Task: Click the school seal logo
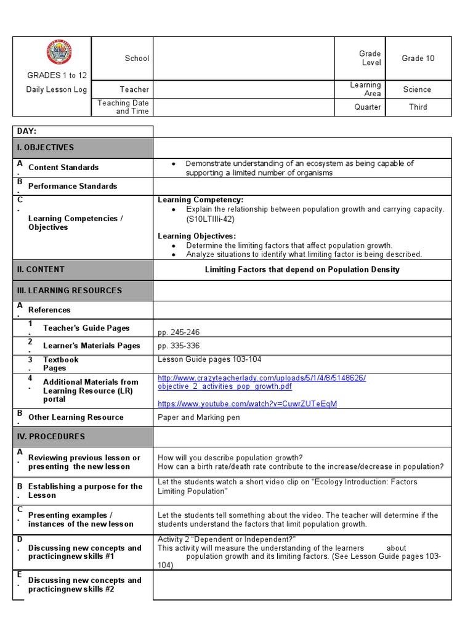[x=59, y=53]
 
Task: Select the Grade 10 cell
[x=418, y=59]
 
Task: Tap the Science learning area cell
[x=417, y=89]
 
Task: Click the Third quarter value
[x=418, y=107]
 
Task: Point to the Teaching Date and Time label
[x=123, y=107]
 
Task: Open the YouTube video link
[x=247, y=404]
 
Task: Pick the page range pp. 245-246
[x=179, y=333]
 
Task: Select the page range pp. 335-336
[x=179, y=346]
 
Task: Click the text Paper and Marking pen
[x=199, y=418]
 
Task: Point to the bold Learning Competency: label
[x=201, y=200]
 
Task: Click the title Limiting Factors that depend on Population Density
[x=302, y=270]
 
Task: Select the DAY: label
[x=26, y=132]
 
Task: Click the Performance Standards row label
[x=73, y=186]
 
